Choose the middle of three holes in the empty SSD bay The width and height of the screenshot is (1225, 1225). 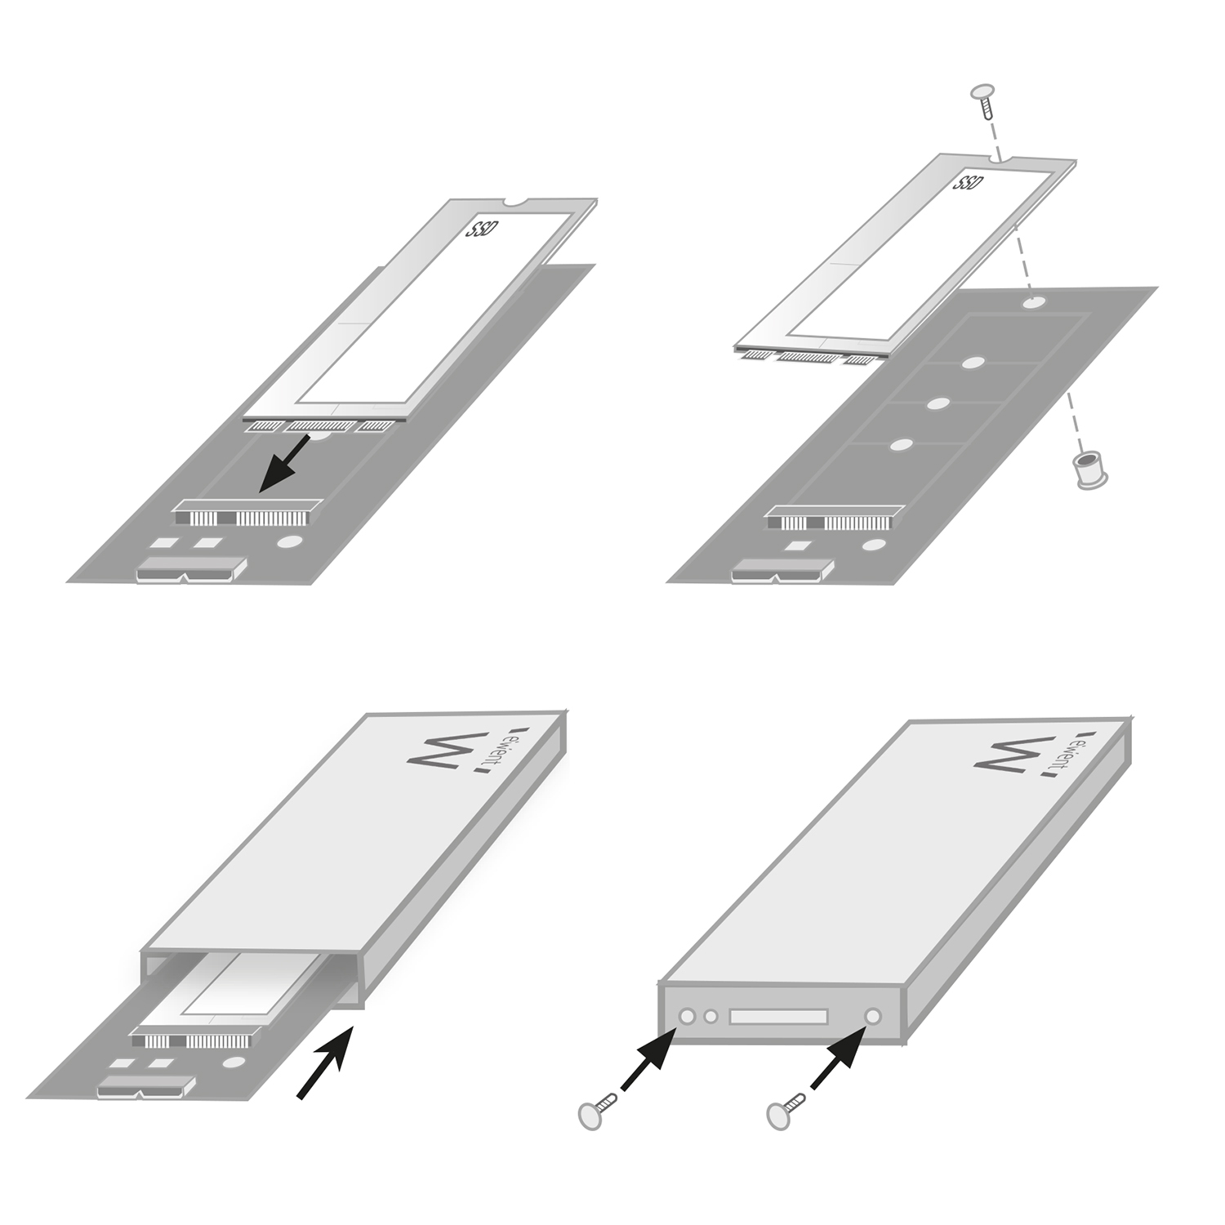[938, 403]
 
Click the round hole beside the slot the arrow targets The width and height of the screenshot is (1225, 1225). [287, 541]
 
